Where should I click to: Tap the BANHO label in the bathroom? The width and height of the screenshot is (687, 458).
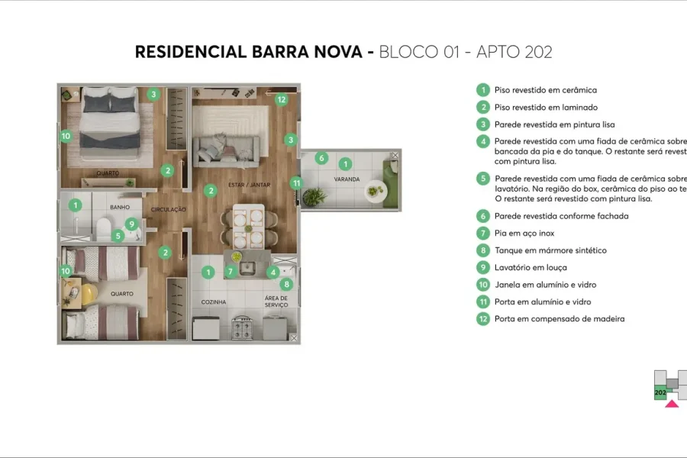click(x=120, y=207)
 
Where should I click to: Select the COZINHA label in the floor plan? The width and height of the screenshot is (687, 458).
click(x=214, y=302)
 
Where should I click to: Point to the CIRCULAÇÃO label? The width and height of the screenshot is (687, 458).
click(x=169, y=209)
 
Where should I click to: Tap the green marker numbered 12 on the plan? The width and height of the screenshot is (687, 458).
click(x=281, y=99)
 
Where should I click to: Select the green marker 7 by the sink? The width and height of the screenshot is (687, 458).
click(x=231, y=271)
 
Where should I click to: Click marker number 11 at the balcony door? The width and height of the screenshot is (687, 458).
click(x=296, y=182)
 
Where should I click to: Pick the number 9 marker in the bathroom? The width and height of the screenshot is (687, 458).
click(x=132, y=224)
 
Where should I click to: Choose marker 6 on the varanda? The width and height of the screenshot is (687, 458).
click(x=321, y=158)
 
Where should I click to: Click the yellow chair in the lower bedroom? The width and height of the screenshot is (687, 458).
click(x=90, y=293)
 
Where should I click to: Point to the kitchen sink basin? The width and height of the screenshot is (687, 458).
click(x=247, y=268)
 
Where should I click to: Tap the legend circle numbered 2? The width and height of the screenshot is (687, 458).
click(x=482, y=108)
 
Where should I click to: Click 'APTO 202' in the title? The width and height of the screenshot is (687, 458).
click(x=514, y=52)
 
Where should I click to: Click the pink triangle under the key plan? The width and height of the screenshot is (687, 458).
click(x=671, y=403)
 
